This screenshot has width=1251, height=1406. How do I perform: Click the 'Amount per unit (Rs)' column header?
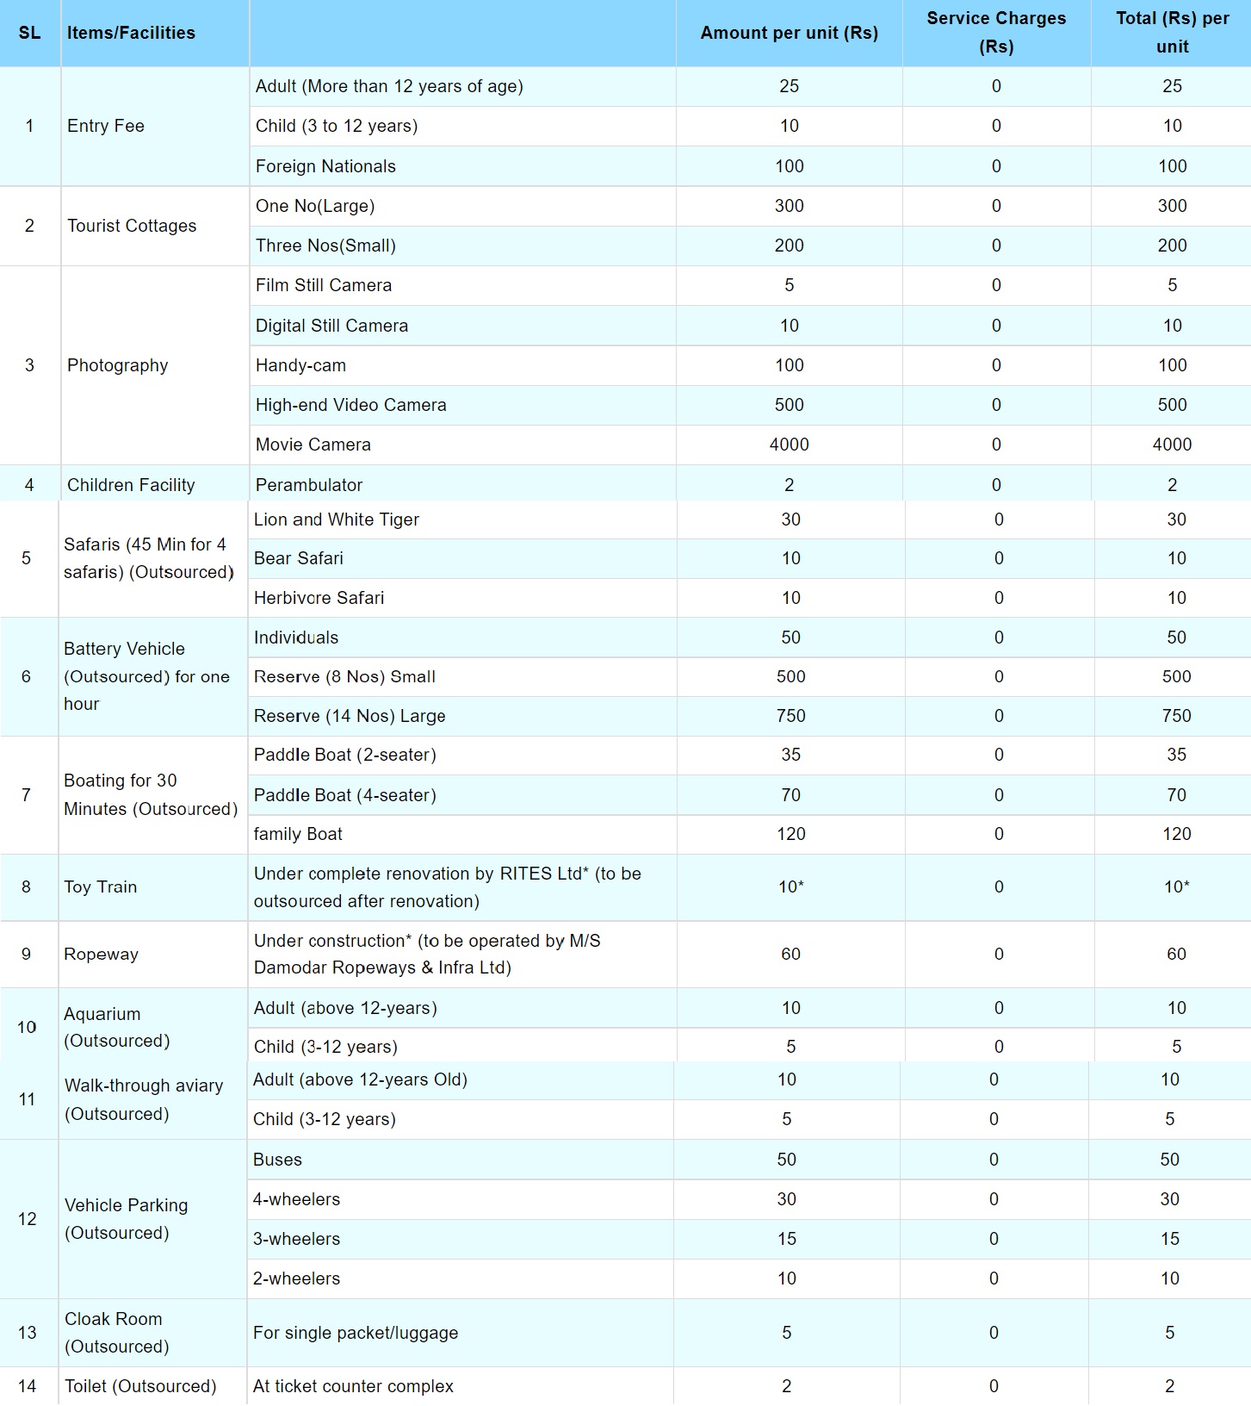click(x=789, y=33)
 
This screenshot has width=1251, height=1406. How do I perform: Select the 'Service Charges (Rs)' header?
click(x=996, y=32)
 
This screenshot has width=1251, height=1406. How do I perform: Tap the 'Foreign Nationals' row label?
click(x=325, y=166)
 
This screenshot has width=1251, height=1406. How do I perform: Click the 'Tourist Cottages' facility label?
click(x=132, y=226)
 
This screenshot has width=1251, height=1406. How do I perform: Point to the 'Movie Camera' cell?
click(x=313, y=445)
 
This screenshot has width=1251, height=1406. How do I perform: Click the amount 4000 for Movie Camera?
click(x=789, y=445)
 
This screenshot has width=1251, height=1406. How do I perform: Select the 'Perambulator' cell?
click(x=309, y=485)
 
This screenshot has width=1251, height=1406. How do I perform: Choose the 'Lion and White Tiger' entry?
click(x=337, y=519)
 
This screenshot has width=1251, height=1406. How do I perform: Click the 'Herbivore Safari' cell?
click(x=319, y=598)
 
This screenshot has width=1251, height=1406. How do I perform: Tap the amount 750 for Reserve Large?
click(x=790, y=716)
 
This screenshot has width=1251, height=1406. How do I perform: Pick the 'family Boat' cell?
click(x=298, y=834)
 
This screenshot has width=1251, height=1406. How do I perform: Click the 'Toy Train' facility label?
click(x=100, y=887)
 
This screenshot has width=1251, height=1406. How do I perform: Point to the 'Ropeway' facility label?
click(x=101, y=955)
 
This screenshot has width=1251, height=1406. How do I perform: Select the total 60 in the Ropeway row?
click(x=1176, y=955)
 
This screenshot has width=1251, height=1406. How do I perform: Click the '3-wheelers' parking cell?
click(x=296, y=1239)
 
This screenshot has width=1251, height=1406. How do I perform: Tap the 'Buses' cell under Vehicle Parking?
click(x=277, y=1160)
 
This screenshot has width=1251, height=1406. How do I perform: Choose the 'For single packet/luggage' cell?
click(x=356, y=1333)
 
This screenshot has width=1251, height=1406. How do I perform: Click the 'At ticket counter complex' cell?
click(x=353, y=1386)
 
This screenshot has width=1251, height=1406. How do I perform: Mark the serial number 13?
click(x=28, y=1333)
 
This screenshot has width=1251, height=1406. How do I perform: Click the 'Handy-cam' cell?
click(x=300, y=365)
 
